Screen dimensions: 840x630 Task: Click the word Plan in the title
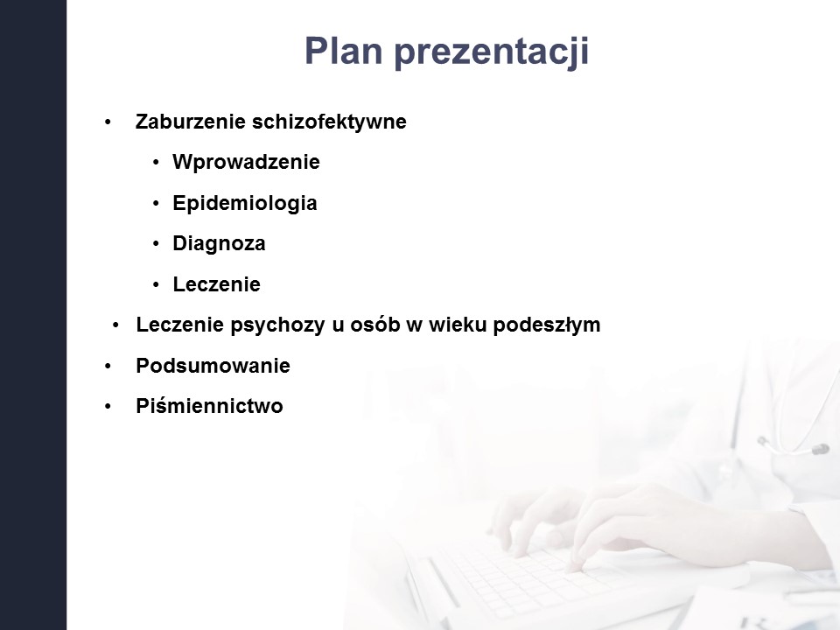[x=343, y=51]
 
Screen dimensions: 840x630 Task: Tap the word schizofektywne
[x=329, y=122]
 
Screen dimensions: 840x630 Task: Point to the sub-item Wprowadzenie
[x=246, y=162]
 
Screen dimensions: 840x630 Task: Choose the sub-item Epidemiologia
[x=245, y=203]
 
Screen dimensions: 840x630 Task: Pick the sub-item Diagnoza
[x=219, y=244]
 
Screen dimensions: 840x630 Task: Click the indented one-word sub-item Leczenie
[x=216, y=283]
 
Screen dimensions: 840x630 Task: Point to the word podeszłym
[x=546, y=325]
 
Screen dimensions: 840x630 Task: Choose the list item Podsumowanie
[x=213, y=366]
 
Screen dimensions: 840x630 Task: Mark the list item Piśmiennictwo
[x=209, y=406]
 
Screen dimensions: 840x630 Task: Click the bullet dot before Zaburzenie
[x=108, y=122]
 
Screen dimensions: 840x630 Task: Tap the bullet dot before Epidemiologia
[x=156, y=204]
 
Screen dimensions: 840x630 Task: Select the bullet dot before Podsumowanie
[x=108, y=367]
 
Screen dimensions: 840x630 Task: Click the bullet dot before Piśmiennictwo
[x=108, y=407]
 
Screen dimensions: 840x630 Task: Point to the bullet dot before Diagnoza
[x=156, y=244]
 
